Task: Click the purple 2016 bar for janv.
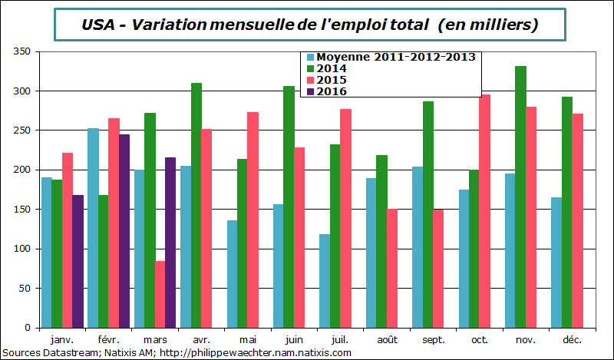click(x=78, y=262)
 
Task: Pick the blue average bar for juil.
click(x=325, y=281)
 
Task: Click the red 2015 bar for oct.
click(x=484, y=211)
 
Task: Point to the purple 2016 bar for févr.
click(x=124, y=231)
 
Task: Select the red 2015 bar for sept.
click(x=438, y=269)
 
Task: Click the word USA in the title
click(x=97, y=25)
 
